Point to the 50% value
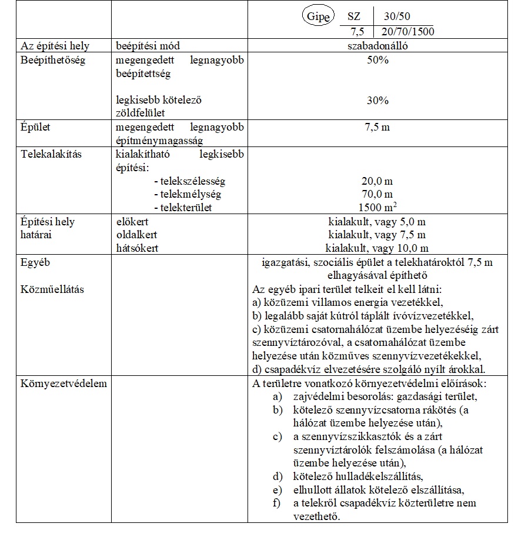point(377,61)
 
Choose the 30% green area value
point(377,101)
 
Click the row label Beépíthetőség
point(53,61)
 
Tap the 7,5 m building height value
point(377,127)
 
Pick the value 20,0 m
point(377,182)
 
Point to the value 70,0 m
point(377,195)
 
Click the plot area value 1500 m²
point(377,208)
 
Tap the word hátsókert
point(138,248)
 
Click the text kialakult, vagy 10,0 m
point(377,248)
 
